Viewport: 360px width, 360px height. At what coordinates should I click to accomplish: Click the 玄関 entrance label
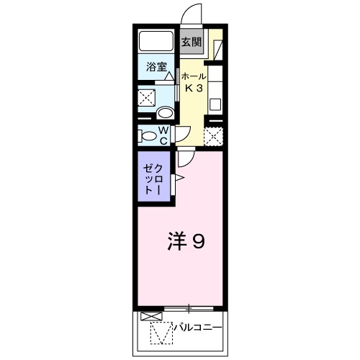pyautogui.click(x=190, y=42)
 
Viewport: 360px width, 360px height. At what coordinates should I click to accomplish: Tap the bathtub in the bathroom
pyautogui.click(x=155, y=42)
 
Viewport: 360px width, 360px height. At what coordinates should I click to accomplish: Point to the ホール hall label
pyautogui.click(x=193, y=76)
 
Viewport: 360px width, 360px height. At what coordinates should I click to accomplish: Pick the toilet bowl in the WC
pyautogui.click(x=148, y=135)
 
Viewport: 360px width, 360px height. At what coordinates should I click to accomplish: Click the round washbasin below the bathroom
pyautogui.click(x=165, y=113)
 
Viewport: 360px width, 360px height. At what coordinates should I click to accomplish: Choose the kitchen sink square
pyautogui.click(x=215, y=102)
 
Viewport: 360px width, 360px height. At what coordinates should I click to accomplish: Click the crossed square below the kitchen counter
pyautogui.click(x=213, y=135)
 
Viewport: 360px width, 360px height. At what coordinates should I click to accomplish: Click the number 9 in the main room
pyautogui.click(x=197, y=241)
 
